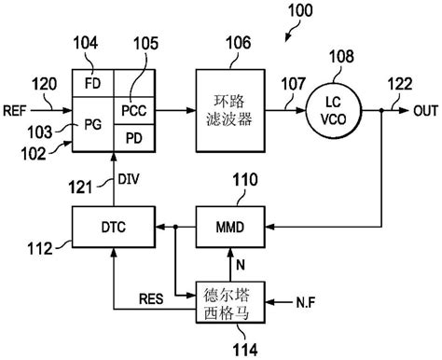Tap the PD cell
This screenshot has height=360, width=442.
pyautogui.click(x=134, y=139)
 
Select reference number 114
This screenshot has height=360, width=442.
pyautogui.click(x=229, y=346)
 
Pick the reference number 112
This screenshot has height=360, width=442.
pyautogui.click(x=37, y=247)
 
